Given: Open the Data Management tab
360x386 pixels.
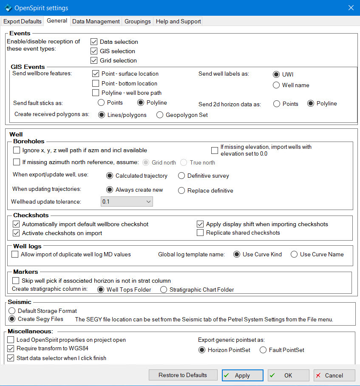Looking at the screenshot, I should pyautogui.click(x=96, y=21).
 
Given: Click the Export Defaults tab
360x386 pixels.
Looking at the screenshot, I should pyautogui.click(x=23, y=21).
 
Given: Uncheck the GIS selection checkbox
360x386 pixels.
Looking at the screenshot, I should pyautogui.click(x=94, y=51).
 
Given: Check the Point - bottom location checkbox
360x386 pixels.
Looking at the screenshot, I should pyautogui.click(x=96, y=83).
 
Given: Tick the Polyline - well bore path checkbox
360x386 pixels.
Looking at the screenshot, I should pyautogui.click(x=96, y=93).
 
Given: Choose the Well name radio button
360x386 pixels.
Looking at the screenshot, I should pyautogui.click(x=277, y=85).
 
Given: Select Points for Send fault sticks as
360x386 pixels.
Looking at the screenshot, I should pyautogui.click(x=101, y=102).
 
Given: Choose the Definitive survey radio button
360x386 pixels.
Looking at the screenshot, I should pyautogui.click(x=181, y=176).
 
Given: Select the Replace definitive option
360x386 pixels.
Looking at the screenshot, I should pyautogui.click(x=181, y=190).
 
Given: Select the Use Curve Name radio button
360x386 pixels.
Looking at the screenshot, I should pyautogui.click(x=294, y=254).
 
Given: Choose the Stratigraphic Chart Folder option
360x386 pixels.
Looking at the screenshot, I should pyautogui.click(x=164, y=289).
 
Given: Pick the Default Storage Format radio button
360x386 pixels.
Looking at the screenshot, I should pyautogui.click(x=12, y=311).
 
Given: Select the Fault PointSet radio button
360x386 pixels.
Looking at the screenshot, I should pyautogui.click(x=263, y=350).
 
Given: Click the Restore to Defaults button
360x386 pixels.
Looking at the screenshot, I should pyautogui.click(x=183, y=375).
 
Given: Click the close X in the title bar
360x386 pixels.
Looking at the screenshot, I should pyautogui.click(x=351, y=8).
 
